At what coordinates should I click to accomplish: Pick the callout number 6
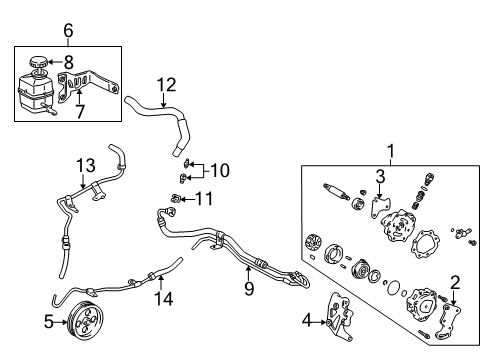[x=68, y=31]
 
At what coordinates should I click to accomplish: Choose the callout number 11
[x=205, y=199]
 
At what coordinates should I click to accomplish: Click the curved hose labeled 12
[x=160, y=114]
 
